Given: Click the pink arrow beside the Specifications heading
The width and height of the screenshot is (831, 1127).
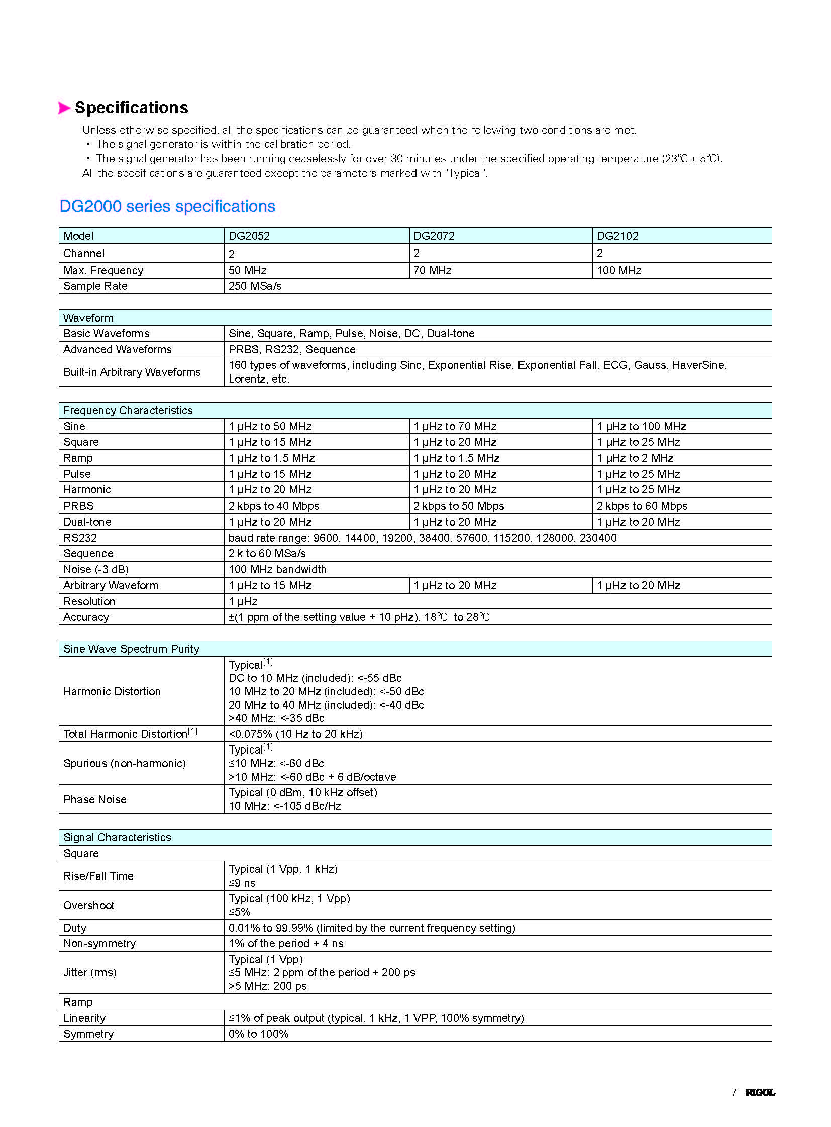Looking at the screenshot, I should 64,108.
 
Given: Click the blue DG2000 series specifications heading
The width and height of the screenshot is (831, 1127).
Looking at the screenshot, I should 167,207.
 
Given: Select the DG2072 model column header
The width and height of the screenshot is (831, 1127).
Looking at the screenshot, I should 434,236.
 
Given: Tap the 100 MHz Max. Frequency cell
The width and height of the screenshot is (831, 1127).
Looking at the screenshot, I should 618,271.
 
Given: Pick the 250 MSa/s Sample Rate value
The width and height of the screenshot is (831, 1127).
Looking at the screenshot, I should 255,286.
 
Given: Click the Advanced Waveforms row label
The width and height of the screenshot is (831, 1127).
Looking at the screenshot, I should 117,350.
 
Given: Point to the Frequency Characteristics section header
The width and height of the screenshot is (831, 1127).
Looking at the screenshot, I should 128,411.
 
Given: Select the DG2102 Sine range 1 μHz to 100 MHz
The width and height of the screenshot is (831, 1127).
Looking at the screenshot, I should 642,427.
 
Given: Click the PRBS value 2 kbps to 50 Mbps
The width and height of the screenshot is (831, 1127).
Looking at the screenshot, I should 459,506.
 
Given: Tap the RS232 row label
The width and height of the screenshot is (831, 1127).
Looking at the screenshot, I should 80,538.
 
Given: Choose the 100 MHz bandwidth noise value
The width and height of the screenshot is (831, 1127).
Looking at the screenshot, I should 277,570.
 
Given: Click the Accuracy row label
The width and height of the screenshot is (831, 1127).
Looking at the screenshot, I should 86,617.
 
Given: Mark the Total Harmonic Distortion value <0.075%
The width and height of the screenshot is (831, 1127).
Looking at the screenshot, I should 295,734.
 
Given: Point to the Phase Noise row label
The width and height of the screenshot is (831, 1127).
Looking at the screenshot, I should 94,800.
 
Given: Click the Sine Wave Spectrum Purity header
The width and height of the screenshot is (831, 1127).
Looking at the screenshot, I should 131,649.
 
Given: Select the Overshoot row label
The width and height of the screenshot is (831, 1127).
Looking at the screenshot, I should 88,906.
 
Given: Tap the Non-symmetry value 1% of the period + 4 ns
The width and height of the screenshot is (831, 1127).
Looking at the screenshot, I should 286,944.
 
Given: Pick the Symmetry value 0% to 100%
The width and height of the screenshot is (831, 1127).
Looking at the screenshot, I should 259,1034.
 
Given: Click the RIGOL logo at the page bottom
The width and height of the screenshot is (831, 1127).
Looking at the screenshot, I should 760,1092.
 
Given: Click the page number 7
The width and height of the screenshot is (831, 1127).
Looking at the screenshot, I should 734,1092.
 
